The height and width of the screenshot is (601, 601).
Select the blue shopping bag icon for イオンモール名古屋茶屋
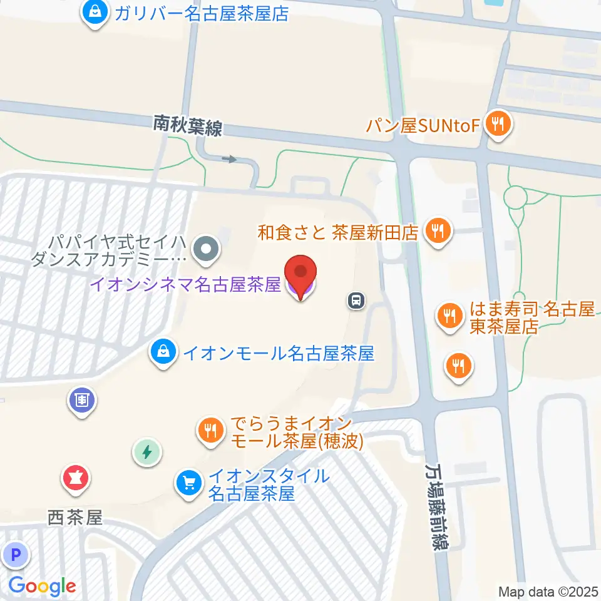163,353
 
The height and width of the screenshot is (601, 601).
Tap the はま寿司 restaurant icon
449,314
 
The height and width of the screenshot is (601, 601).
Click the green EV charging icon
147,451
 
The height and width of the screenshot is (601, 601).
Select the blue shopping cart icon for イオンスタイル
188,482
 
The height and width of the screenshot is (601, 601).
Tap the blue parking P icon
16,554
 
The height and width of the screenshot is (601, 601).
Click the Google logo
42,586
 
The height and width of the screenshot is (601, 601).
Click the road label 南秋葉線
188,127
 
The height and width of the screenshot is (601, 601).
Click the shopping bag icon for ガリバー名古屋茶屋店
95,12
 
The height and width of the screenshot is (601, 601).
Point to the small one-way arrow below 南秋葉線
230,159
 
